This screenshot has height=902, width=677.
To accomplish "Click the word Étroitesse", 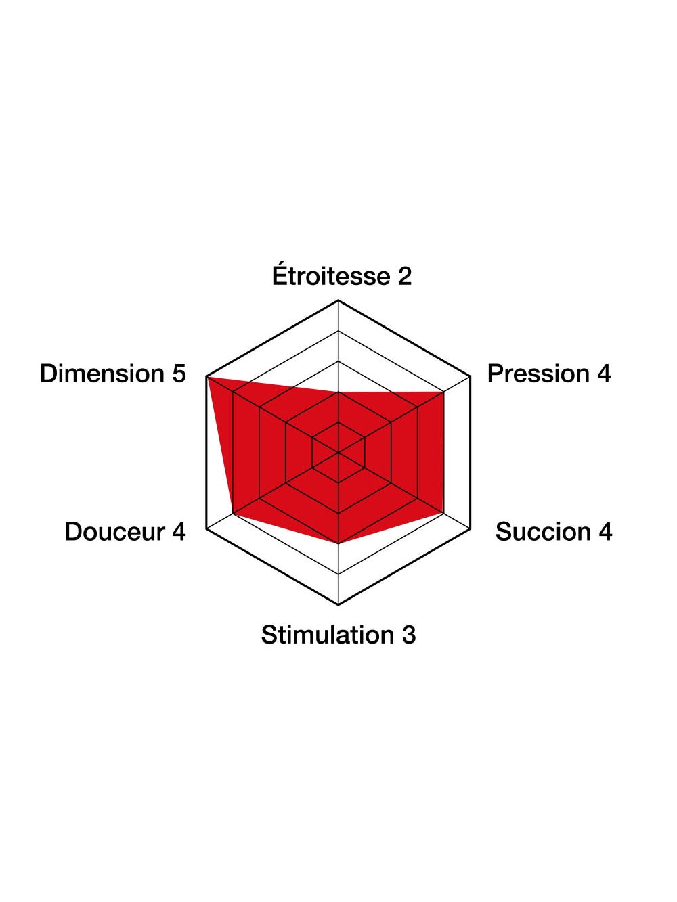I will tap(330, 276).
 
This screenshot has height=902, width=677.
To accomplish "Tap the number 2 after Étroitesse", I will tap(404, 277).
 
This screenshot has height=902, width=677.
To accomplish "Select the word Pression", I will tap(538, 374).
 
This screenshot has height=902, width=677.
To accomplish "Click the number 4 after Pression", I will tap(603, 374).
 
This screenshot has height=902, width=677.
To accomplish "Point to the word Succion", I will tap(543, 532).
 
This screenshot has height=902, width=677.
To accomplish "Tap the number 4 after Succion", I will tap(605, 532).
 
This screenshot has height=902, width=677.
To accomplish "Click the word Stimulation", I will tap(328, 635).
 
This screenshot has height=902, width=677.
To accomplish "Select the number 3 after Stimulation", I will tap(409, 635).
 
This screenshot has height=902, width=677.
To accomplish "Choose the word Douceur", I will tap(114, 532).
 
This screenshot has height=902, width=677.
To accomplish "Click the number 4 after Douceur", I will tap(178, 532).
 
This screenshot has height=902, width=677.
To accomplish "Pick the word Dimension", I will tap(102, 374).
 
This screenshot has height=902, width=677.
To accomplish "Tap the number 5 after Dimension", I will tap(179, 374).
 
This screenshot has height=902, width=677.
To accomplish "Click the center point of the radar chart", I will tap(338, 452).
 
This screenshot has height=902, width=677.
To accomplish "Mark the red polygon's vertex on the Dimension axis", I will tap(207, 377).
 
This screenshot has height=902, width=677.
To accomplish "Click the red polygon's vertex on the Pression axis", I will tap(443, 392).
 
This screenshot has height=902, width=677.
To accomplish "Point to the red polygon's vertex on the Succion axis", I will tap(443, 512).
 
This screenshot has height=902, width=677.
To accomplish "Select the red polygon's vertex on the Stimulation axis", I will tap(338, 543).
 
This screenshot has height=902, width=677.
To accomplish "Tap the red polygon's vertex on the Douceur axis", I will tap(234, 513).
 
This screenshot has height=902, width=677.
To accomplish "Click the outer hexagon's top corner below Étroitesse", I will tap(338, 300).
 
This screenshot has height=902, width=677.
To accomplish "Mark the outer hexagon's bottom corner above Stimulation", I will tap(338, 604).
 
